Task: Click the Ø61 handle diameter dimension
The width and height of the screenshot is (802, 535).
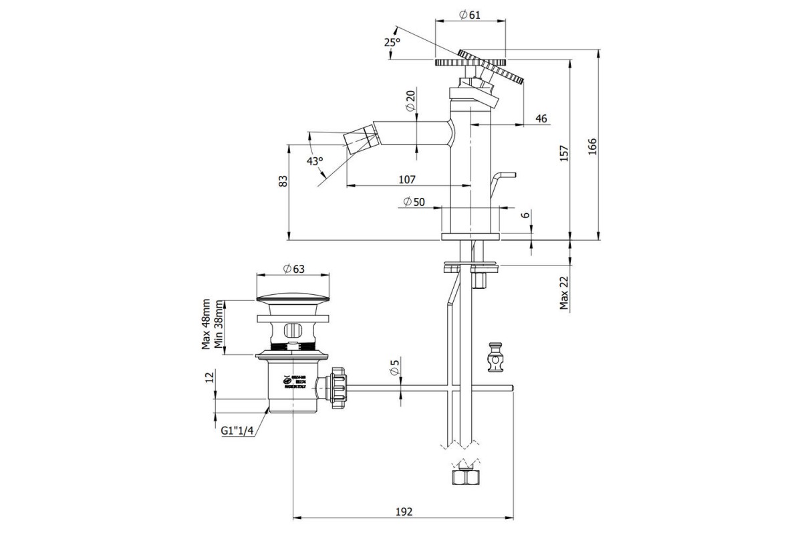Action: [x=471, y=16]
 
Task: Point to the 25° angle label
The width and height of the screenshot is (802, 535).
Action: [x=392, y=41]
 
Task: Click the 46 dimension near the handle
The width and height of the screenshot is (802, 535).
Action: [x=541, y=118]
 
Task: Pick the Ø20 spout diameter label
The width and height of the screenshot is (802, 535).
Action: [x=410, y=100]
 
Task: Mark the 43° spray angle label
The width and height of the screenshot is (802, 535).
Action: [x=315, y=161]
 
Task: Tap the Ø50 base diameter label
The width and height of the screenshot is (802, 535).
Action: [x=414, y=202]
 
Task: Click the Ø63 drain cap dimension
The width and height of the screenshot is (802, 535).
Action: [x=293, y=269]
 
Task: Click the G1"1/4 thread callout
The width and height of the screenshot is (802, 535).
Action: [x=237, y=431]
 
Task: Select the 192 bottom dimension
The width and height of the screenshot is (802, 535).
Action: [x=403, y=512]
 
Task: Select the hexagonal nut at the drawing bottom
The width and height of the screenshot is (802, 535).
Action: [x=465, y=477]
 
